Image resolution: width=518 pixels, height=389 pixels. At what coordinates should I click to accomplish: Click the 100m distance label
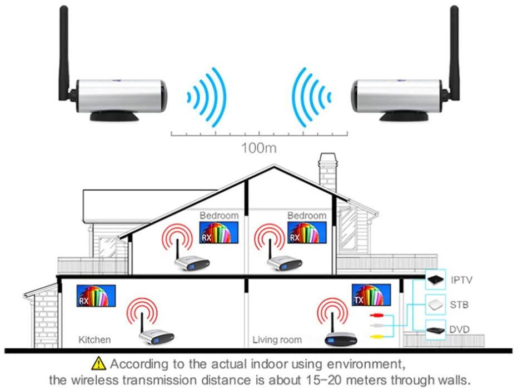[258, 148]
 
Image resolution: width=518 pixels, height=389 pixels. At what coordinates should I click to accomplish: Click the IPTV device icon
[435, 280]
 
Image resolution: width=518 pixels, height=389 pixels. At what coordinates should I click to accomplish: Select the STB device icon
[435, 305]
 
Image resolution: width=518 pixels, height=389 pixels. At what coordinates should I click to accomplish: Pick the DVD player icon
[435, 329]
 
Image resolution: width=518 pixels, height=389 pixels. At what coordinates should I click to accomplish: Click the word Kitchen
[94, 340]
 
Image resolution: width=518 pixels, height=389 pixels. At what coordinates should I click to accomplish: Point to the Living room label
[277, 340]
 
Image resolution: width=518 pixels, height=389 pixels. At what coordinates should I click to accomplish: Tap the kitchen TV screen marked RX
[96, 296]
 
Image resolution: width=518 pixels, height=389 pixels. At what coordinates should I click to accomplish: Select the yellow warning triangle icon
[99, 364]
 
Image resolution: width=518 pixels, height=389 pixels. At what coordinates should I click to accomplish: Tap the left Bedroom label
[219, 215]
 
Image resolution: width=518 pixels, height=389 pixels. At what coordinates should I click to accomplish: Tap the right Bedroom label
[306, 215]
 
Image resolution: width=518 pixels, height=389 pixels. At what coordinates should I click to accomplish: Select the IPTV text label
[462, 280]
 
